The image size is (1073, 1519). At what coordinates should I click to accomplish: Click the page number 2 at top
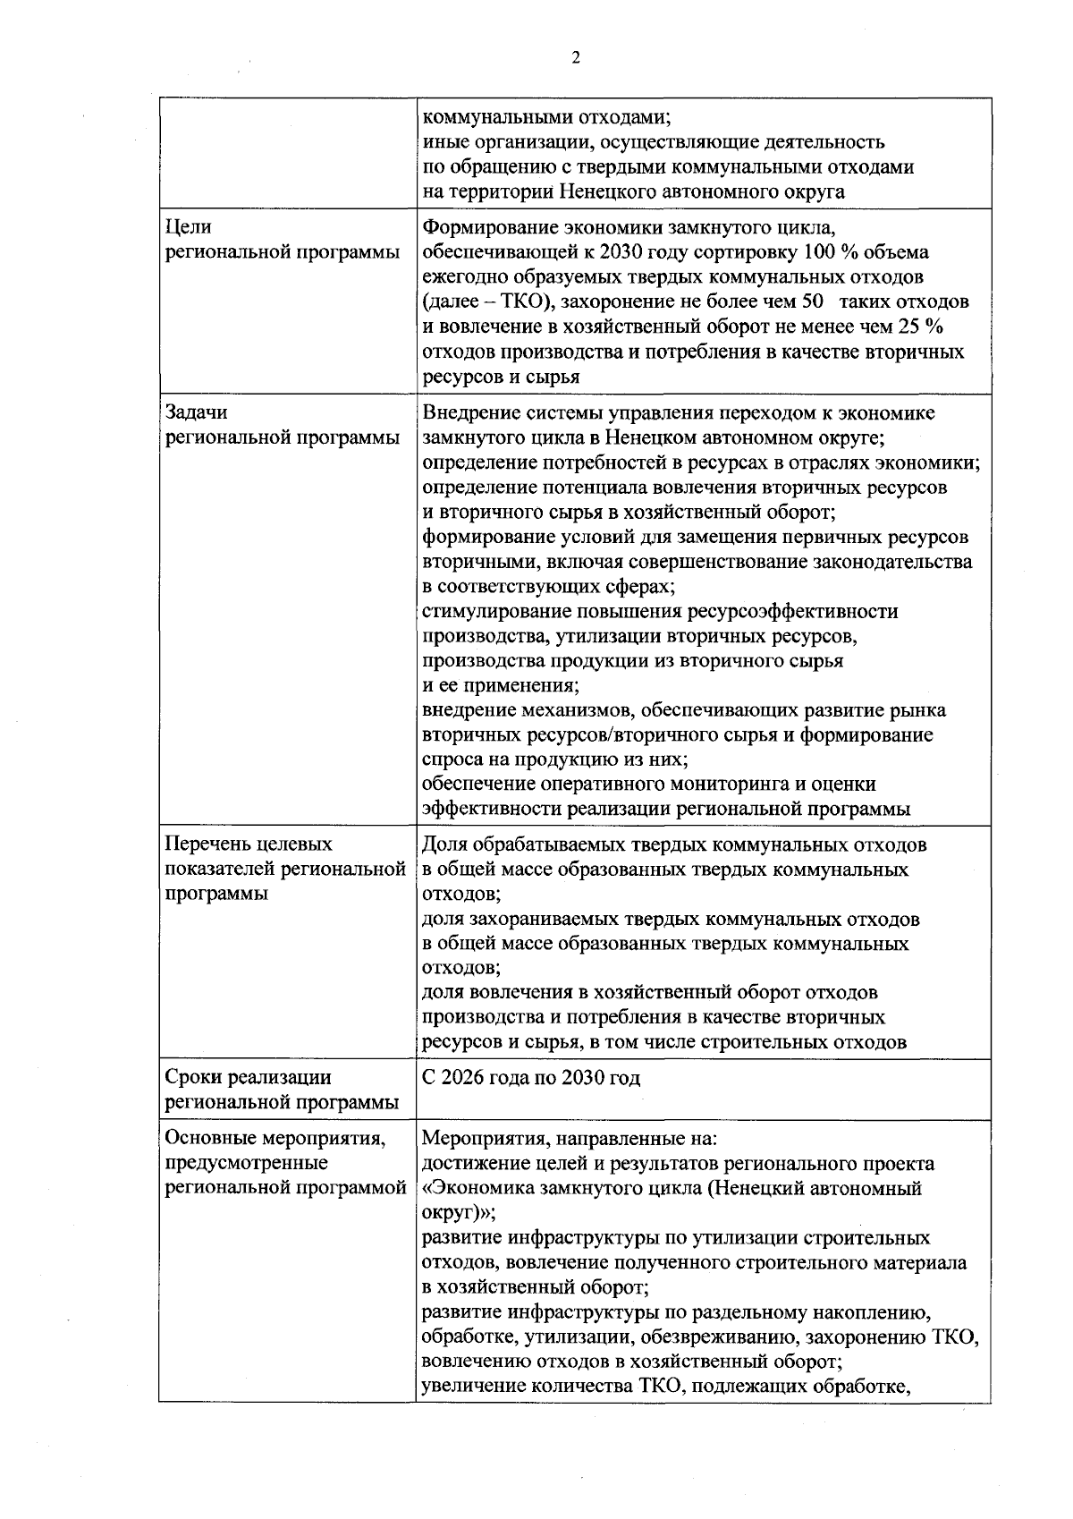coord(575,59)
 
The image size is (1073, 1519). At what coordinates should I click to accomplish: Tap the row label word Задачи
coord(197,412)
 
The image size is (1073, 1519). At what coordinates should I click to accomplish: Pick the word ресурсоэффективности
coord(793,611)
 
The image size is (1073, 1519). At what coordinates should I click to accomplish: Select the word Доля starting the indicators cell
coord(444,844)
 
